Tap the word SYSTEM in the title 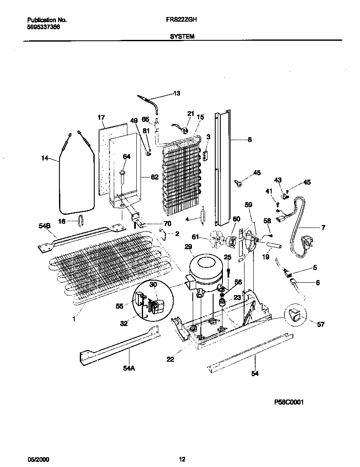point(182,37)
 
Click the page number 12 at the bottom point(182,459)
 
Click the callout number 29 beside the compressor point(188,247)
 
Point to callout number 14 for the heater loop point(45,159)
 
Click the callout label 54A point(129,368)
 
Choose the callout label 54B point(45,226)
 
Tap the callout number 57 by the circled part point(321,324)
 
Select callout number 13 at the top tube point(177,93)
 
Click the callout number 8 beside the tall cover point(250,139)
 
